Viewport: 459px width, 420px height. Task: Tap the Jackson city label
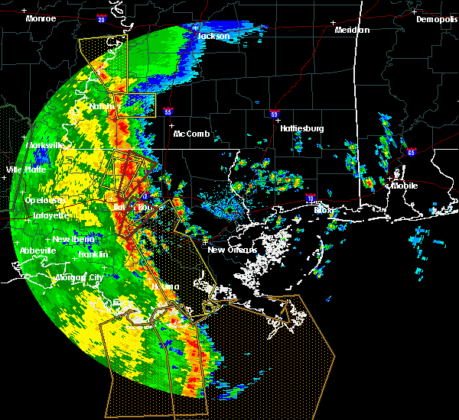coord(213,36)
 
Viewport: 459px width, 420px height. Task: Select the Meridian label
coord(352,30)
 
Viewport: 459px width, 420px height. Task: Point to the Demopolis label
coord(436,19)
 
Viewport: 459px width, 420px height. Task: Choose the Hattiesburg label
coord(301,128)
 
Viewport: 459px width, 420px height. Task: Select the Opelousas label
coord(43,200)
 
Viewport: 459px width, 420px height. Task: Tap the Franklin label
coord(93,254)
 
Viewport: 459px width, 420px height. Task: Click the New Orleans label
coord(227,250)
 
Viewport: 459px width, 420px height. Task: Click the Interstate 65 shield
coord(412,152)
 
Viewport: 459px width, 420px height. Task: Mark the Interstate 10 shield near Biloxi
coord(310,198)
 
